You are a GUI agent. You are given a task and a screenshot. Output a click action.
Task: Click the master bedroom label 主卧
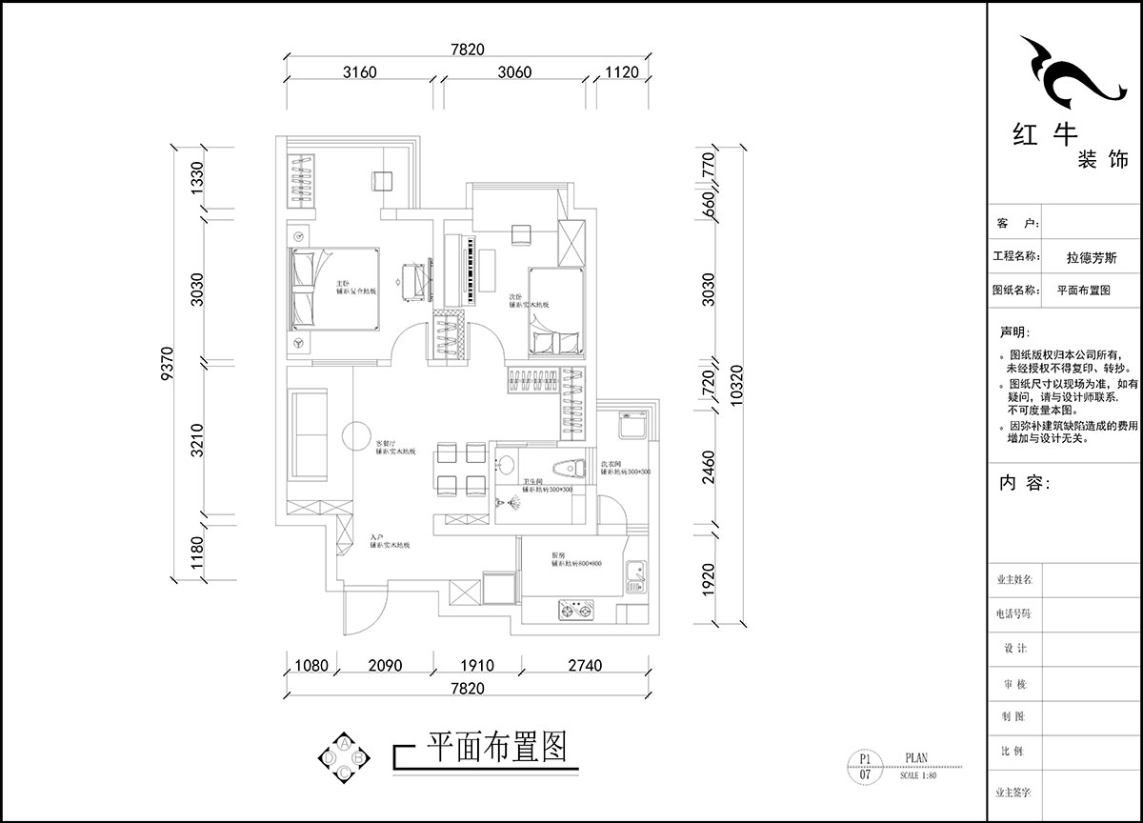coord(342,284)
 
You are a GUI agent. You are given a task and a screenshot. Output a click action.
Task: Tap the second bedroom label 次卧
coord(515,296)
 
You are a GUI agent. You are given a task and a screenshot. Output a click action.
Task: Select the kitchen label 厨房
coord(558,554)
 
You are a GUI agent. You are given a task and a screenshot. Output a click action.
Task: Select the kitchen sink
coord(635,574)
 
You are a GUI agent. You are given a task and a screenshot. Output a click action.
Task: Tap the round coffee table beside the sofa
coord(357,435)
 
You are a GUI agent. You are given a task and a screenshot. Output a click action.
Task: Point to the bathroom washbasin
coord(505,465)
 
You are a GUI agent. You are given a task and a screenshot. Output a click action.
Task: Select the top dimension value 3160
coord(361,71)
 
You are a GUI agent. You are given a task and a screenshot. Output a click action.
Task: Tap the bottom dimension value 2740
coord(582,666)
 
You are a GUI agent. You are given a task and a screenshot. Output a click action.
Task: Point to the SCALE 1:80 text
coord(917,775)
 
